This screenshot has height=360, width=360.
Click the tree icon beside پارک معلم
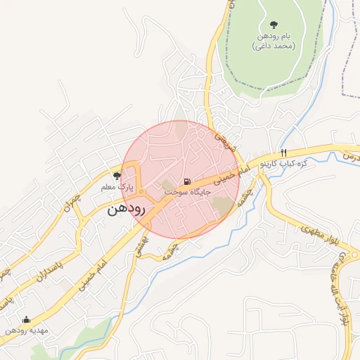(x=117, y=176)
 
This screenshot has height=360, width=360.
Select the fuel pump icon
(x=186, y=181)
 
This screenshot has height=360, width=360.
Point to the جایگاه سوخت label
(x=188, y=191)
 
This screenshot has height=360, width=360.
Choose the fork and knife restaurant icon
(x=283, y=153)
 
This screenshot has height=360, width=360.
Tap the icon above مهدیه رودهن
(x=26, y=319)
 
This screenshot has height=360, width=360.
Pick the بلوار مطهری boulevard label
(x=321, y=235)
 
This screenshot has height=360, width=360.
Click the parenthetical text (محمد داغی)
(x=274, y=46)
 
